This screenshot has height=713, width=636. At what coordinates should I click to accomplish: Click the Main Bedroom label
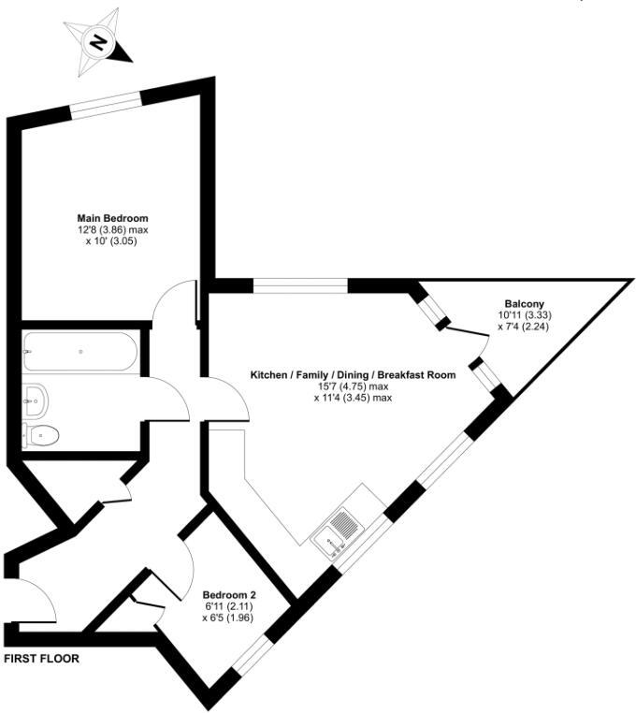[x=112, y=218]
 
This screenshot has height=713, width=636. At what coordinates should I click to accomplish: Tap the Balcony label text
[x=524, y=304]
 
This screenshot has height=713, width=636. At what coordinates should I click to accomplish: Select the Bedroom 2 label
[x=229, y=595]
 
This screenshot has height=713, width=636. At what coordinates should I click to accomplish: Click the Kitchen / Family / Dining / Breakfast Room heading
[x=353, y=375]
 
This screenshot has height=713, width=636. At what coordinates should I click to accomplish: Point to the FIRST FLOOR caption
[x=41, y=659]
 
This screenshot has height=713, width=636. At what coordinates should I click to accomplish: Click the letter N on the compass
[x=98, y=43]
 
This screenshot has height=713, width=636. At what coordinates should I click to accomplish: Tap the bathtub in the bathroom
[x=80, y=352]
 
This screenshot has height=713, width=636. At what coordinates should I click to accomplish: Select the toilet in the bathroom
[x=41, y=436]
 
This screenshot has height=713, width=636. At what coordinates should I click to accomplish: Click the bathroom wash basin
[x=35, y=401]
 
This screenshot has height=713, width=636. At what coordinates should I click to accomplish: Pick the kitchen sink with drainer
[x=338, y=532]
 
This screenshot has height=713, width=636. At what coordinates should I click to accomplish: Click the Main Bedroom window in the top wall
[x=106, y=105]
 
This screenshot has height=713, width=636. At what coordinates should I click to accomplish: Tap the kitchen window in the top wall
[x=300, y=286]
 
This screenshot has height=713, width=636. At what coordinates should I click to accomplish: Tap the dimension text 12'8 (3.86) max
[x=113, y=230]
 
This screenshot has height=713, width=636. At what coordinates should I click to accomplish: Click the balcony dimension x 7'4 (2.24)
[x=524, y=326]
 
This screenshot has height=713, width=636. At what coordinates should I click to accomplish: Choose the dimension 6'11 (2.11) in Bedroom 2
[x=228, y=606]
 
